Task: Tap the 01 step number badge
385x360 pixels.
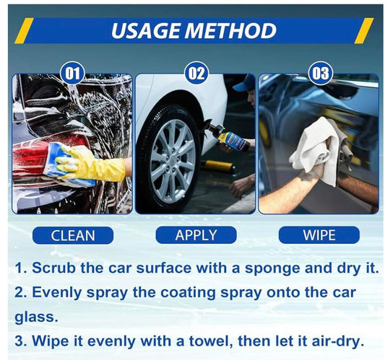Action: click(73, 74)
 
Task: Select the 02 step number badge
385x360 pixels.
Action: click(196, 73)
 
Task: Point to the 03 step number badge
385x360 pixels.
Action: click(320, 73)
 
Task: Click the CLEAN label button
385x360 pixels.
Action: click(73, 235)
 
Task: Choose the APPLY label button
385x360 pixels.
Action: click(196, 235)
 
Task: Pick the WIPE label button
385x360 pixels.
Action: click(319, 235)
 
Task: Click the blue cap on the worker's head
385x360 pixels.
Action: click(244, 84)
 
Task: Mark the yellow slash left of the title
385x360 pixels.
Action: click(24, 30)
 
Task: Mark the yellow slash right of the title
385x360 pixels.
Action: click(364, 30)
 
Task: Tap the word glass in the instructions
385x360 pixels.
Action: click(36, 317)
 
